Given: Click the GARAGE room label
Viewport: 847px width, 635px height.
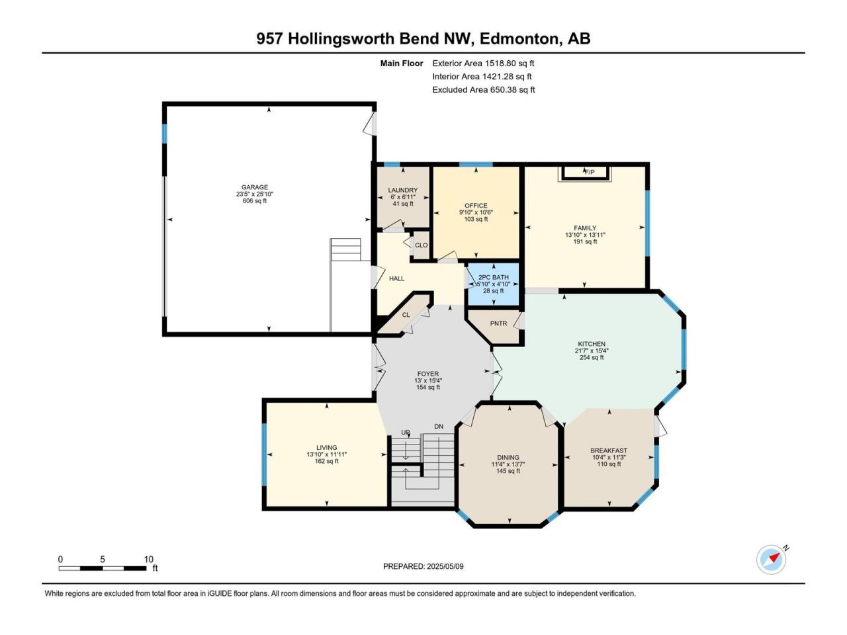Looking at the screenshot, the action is [x=255, y=187].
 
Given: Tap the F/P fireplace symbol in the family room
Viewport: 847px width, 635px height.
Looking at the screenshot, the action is [x=585, y=173].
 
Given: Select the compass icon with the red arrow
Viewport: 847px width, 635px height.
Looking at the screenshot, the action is [x=771, y=560].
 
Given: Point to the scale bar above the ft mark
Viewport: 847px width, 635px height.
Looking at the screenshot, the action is [x=103, y=568].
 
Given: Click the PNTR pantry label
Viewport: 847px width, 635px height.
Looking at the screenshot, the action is [x=498, y=323].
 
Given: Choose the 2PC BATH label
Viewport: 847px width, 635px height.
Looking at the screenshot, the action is [x=494, y=277].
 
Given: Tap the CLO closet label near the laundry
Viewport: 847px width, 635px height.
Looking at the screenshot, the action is [x=422, y=245].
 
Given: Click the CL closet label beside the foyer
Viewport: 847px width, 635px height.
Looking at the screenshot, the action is [x=406, y=315].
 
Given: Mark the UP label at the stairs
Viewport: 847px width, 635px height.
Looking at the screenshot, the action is [x=405, y=432].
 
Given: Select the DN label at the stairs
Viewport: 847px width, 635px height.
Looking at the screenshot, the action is [x=439, y=427].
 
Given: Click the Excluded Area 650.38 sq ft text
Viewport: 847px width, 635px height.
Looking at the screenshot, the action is [x=484, y=90].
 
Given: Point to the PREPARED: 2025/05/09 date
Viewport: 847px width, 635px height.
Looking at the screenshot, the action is [x=423, y=566].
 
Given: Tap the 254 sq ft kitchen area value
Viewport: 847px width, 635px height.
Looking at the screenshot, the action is [x=592, y=357].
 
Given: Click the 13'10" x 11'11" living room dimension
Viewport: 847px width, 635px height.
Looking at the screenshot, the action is [x=327, y=454].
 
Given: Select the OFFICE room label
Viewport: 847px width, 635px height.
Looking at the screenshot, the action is [x=476, y=206].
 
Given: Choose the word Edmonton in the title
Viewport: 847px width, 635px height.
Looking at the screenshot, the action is [x=519, y=39].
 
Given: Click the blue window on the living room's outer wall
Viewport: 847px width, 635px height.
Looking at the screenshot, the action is [x=264, y=454].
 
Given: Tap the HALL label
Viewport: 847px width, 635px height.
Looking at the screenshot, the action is [x=396, y=278].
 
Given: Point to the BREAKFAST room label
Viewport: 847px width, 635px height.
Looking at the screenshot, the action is [x=609, y=450].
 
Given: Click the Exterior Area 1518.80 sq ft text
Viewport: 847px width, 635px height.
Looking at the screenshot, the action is [x=483, y=63].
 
